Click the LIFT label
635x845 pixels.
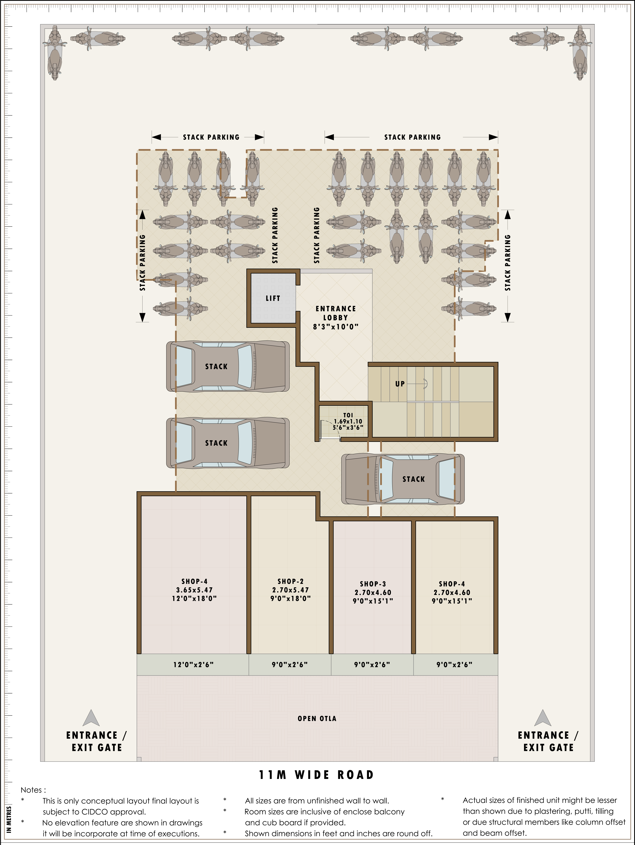273,298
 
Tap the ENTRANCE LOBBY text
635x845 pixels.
336,313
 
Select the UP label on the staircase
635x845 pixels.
400,384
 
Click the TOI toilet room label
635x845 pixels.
348,415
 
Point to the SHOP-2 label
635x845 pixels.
290,581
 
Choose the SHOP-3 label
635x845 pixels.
373,584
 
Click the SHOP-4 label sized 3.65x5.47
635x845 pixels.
194,581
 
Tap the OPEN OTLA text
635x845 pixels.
317,718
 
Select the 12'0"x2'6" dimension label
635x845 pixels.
193,665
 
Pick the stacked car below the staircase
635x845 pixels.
403,479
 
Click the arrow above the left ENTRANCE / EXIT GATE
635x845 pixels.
91,718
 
